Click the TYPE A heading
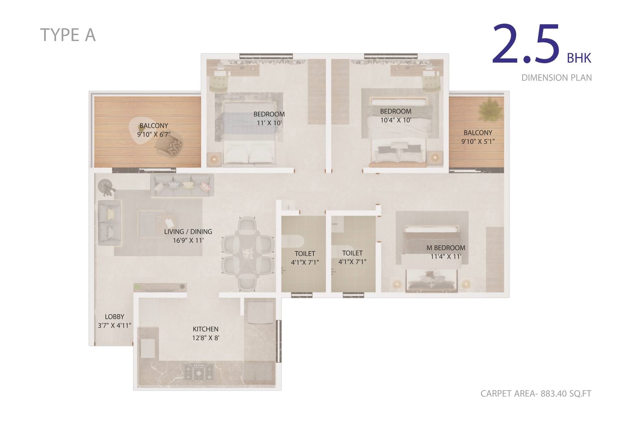pos(68,35)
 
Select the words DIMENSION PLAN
pos(556,78)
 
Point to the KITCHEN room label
pos(205,329)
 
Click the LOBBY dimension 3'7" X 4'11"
pos(115,325)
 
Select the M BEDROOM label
pos(446,248)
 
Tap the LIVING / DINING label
pos(188,232)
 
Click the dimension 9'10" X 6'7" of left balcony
pos(153,134)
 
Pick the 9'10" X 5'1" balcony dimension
pos(478,141)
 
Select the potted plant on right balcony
pos(491,110)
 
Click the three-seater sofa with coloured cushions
pos(182,185)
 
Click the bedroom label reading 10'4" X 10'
pos(396,120)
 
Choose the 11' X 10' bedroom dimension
pos(269,123)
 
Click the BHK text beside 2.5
pos(579,58)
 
